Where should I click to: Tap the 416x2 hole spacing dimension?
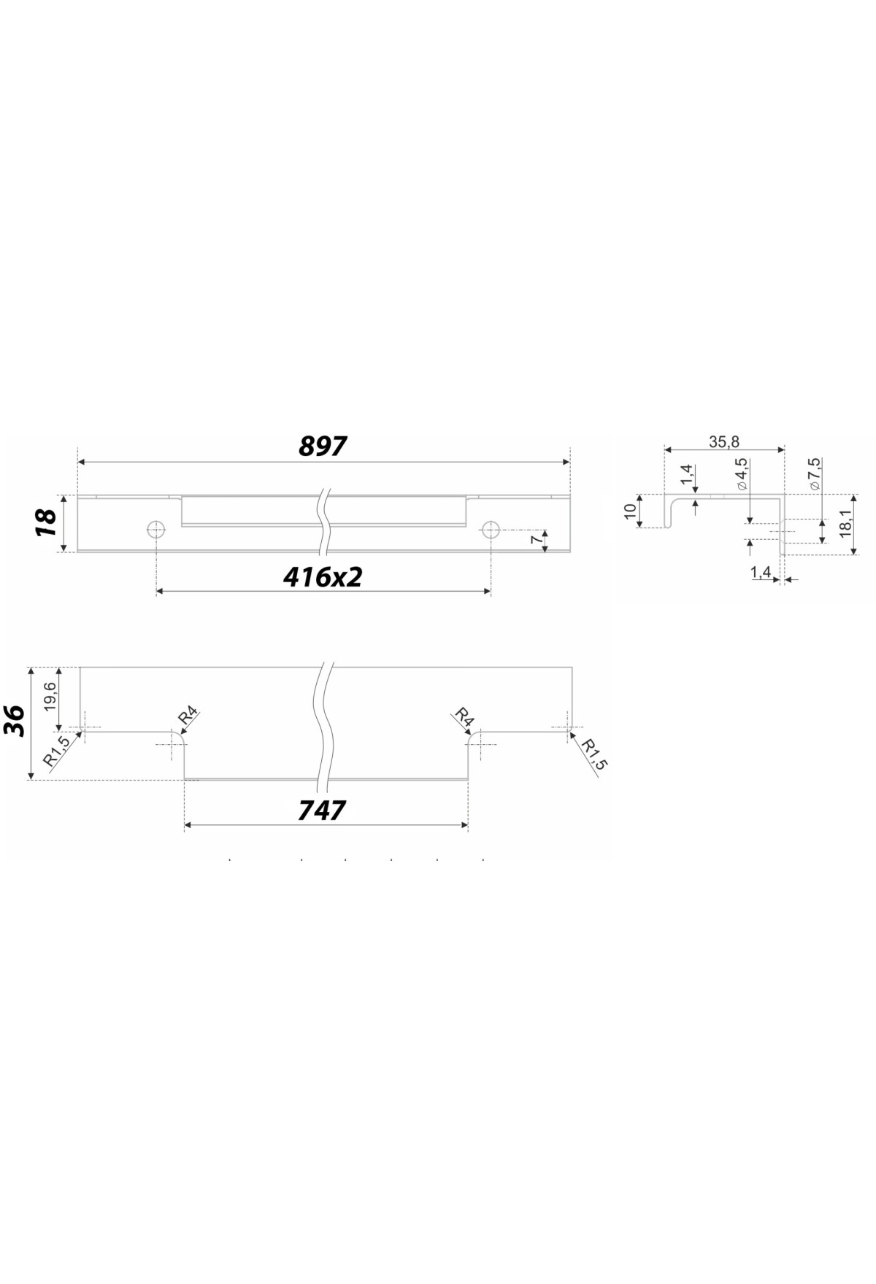(x=323, y=577)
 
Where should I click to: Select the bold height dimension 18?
(x=47, y=522)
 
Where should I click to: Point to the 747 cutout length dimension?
(x=322, y=811)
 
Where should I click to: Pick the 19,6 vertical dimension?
(x=50, y=697)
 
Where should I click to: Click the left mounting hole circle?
(x=155, y=529)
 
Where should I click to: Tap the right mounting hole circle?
(x=491, y=529)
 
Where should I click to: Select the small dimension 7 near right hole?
(x=537, y=539)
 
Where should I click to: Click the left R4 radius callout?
(x=188, y=716)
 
